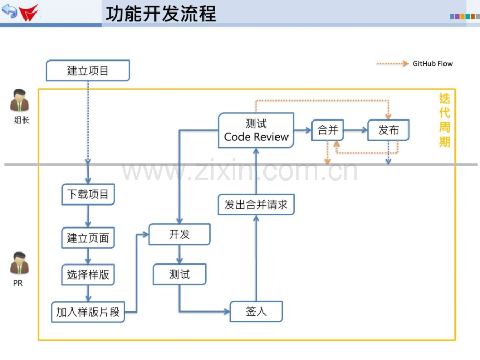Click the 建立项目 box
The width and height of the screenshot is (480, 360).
click(88, 71)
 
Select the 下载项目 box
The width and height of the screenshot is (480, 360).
click(88, 194)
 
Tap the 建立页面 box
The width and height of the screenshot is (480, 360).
click(88, 238)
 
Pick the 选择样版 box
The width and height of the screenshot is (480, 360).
click(88, 274)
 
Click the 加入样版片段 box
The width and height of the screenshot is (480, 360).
click(88, 312)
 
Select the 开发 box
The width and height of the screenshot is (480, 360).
click(179, 234)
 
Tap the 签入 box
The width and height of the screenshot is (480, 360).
click(256, 311)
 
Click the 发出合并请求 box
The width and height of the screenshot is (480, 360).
click(256, 205)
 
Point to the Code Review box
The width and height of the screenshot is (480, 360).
click(256, 130)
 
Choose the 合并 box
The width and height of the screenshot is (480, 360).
click(328, 130)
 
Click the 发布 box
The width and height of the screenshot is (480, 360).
click(388, 130)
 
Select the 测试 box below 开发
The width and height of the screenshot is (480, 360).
click(179, 274)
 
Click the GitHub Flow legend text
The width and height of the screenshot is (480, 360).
click(433, 64)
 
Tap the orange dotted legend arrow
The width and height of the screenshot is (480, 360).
click(392, 64)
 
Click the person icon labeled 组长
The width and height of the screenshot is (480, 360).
click(20, 100)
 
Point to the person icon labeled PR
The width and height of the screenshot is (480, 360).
click(20, 263)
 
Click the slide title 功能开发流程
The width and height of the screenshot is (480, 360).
click(161, 14)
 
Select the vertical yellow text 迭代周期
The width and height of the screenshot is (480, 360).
click(445, 121)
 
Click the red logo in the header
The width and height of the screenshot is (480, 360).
click(29, 13)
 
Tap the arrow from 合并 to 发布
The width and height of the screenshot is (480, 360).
click(356, 130)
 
